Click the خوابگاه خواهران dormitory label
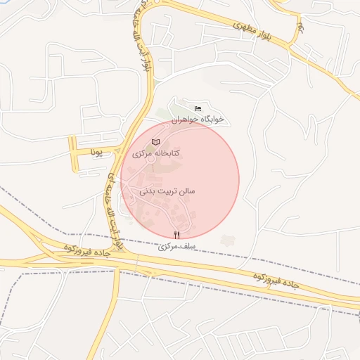[198, 119]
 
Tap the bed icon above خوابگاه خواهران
[198, 108]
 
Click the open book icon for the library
[156, 142]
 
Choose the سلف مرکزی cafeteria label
[176, 247]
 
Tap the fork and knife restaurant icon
[176, 236]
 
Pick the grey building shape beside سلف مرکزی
[226, 240]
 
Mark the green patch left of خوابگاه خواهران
[164, 112]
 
